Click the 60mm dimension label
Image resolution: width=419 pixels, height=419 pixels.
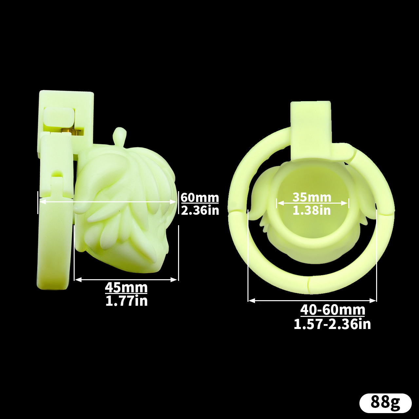[200, 198]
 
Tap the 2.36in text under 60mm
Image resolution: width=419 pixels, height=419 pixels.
[200, 210]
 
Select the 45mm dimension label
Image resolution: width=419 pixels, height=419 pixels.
[126, 287]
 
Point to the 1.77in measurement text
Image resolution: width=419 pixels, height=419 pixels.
[126, 301]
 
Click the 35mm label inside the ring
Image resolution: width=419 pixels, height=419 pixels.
[312, 197]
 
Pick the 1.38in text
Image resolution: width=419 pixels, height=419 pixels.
[312, 210]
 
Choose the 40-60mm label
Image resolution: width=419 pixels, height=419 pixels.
[333, 310]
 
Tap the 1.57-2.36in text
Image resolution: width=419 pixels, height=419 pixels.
[332, 324]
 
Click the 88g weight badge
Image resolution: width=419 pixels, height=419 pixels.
[386, 403]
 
